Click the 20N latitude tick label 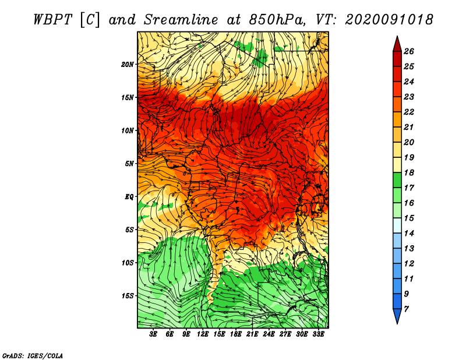128,65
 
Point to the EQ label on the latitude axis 129,197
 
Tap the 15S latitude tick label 128,296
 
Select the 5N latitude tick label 129,164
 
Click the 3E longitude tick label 153,334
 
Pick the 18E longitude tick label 236,334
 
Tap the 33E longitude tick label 318,334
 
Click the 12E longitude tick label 203,334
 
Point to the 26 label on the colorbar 409,51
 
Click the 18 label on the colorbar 409,172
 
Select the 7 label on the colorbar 406,309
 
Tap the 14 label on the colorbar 409,234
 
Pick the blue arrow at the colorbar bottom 397,315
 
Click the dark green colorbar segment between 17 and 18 397,180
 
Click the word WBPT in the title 52,20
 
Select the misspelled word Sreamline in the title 181,20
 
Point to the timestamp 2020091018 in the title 389,20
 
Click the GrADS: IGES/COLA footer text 33,355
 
